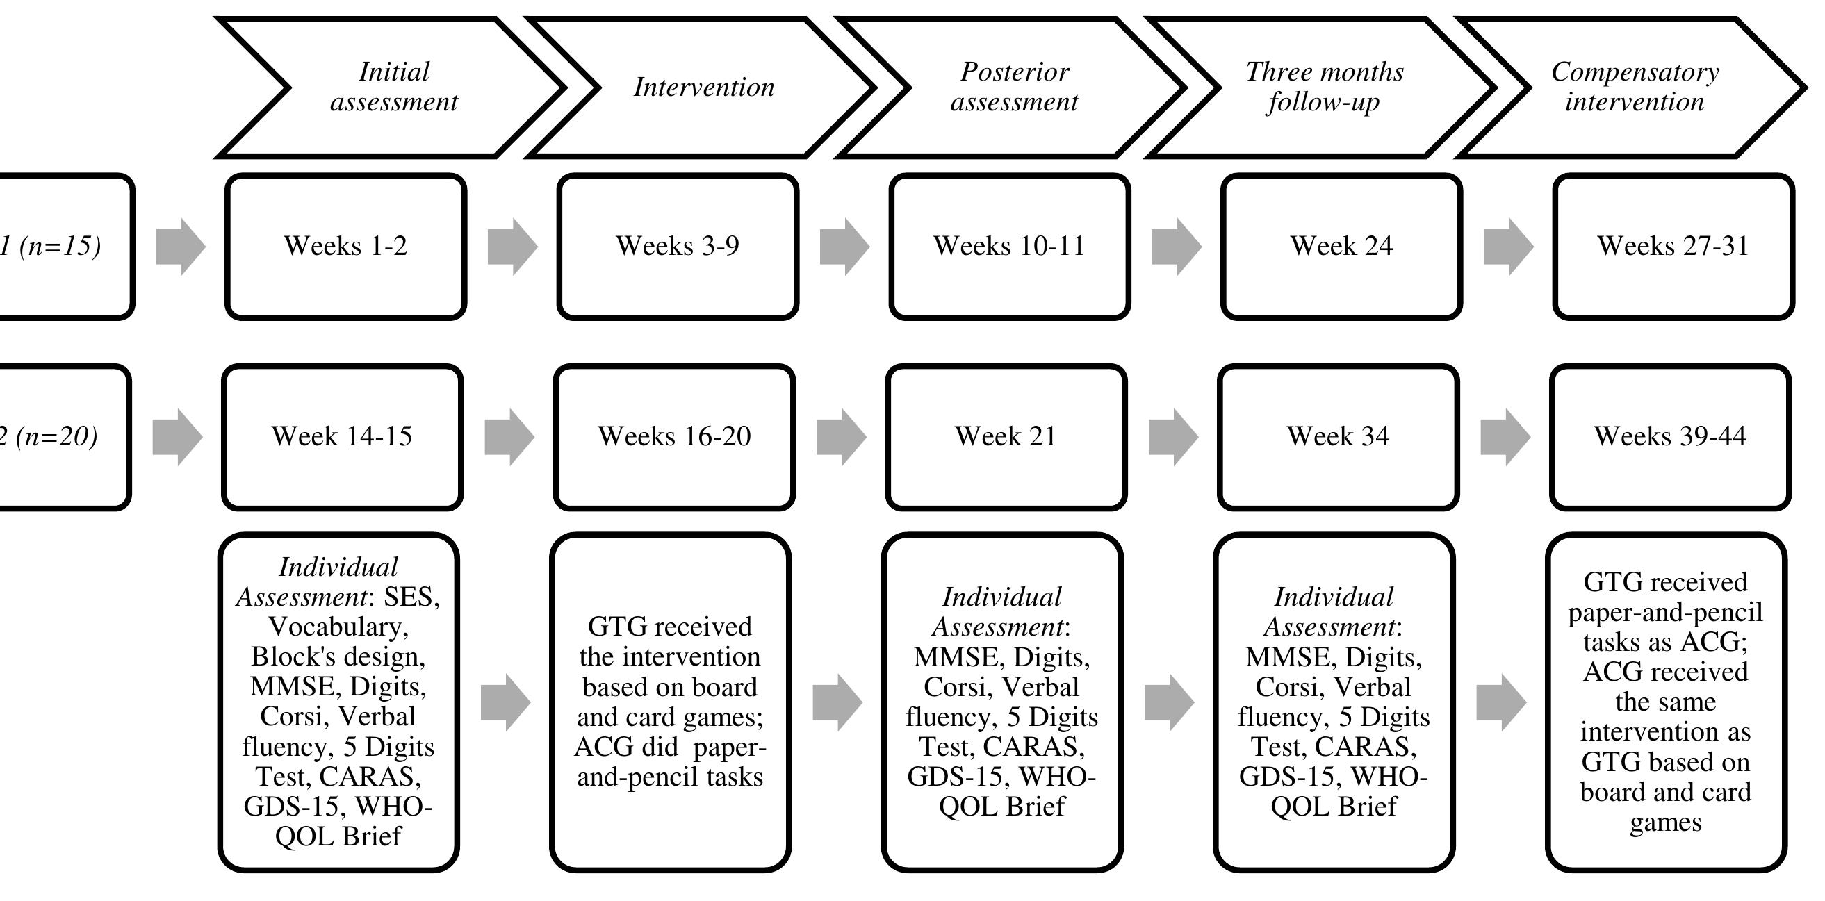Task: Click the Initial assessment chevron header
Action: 394,87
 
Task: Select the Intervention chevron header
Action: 703,87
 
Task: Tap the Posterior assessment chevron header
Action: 1014,87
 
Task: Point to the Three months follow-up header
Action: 1324,87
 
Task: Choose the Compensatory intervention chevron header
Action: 1635,87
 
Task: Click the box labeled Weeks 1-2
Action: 345,247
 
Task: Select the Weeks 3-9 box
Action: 678,247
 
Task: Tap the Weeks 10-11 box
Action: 1009,247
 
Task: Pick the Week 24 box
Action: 1341,247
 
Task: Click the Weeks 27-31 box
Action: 1673,247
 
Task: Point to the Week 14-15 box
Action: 342,436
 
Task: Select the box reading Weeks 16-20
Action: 673,436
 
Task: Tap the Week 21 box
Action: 1006,436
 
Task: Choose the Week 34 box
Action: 1338,436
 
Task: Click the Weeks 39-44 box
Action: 1670,436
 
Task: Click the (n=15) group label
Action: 57,247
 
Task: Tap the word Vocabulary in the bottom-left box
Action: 337,627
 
